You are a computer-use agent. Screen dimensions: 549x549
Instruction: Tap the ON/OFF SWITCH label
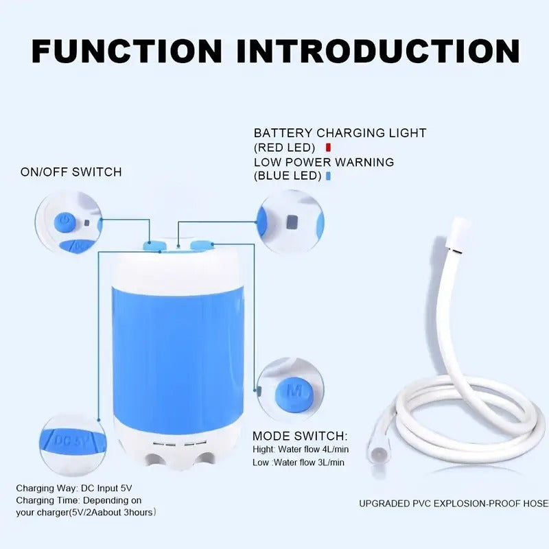pos(71,172)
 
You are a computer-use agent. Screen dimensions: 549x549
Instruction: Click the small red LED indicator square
pos(328,147)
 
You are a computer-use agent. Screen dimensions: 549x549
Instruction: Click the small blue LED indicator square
pos(328,176)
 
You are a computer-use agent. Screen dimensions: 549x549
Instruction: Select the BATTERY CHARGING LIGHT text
pos(340,133)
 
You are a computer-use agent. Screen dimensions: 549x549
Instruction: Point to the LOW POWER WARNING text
pos(324,163)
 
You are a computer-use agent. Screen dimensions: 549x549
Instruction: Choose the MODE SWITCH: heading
pos(300,436)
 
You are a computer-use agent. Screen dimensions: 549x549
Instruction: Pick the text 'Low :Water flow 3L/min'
pos(299,463)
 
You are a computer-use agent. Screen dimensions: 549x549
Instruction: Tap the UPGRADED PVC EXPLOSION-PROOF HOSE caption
pos(453,504)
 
